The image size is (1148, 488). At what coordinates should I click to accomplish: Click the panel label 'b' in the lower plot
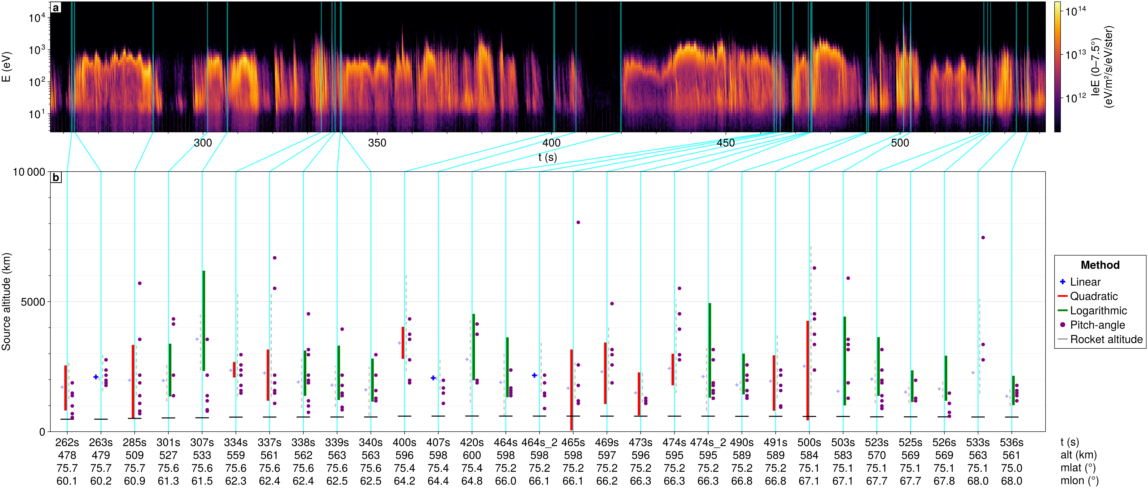click(x=56, y=177)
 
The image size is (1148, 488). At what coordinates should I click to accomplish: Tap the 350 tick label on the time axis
click(x=377, y=143)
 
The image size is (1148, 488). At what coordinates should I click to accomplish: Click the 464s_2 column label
click(x=539, y=443)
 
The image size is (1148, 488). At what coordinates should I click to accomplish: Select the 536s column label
click(x=1012, y=443)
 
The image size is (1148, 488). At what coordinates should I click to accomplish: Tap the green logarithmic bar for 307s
click(x=204, y=320)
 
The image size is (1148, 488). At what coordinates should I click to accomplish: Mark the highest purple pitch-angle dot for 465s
click(x=578, y=222)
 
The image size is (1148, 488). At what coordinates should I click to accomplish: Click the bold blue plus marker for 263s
click(x=96, y=377)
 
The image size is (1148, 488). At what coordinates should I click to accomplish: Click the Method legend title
click(x=1100, y=265)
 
